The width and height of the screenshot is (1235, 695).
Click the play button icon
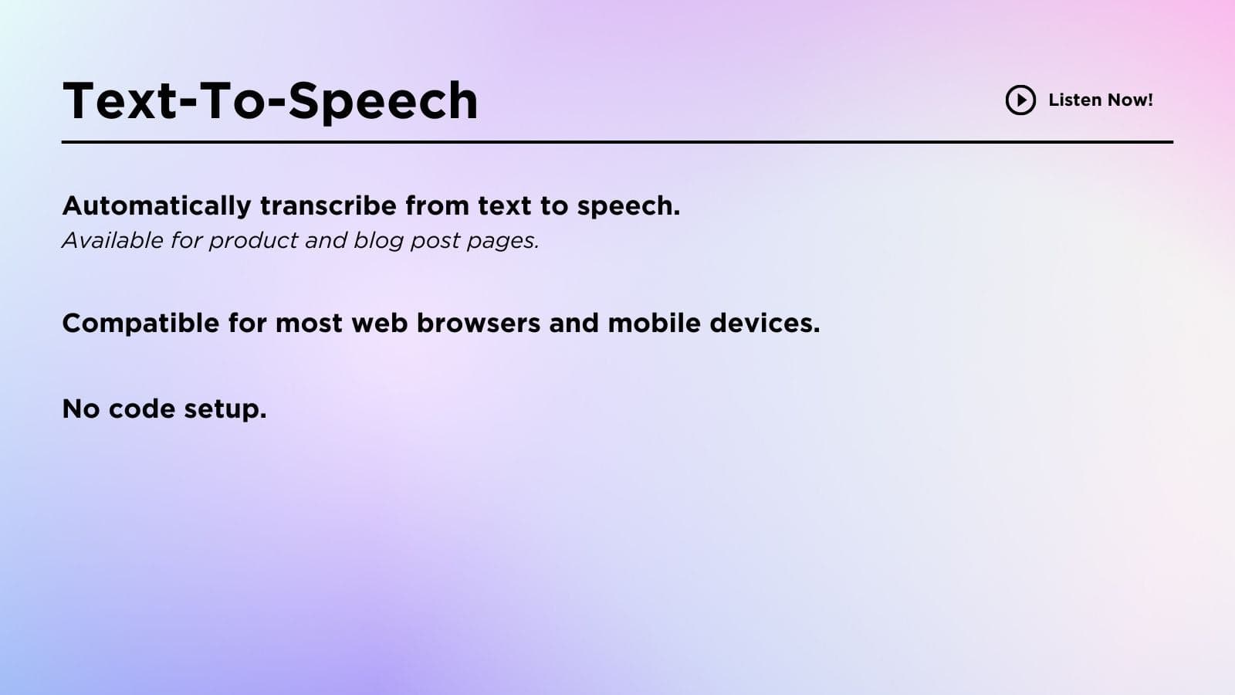coord(1020,100)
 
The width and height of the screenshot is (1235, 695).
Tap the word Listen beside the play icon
coord(1074,100)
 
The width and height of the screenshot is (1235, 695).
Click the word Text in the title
coord(120,100)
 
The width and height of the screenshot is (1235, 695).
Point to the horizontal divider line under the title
coord(617,142)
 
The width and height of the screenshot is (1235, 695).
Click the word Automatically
coord(157,206)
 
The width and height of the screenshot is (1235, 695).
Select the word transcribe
coord(328,205)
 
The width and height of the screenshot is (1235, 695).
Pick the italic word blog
coord(378,241)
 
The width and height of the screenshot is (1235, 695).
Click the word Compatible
coord(140,324)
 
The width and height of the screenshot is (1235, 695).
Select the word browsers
coord(478,323)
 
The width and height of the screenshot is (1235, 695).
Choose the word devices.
coord(765,323)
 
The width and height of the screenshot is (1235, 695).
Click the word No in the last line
coord(81,409)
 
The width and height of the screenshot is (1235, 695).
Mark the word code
coord(142,409)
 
